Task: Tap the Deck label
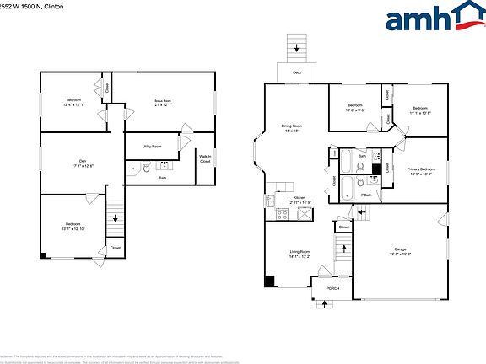point(297,73)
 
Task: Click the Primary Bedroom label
point(421,169)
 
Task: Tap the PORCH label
point(333,289)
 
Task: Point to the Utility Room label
point(152,147)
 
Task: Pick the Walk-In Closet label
point(205,159)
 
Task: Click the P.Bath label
point(366,195)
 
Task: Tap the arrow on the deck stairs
point(297,48)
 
